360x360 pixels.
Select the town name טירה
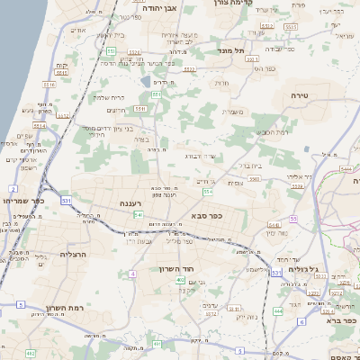(x=300, y=94)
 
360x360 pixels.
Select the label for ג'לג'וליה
(x=305, y=269)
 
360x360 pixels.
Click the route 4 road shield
(x=132, y=273)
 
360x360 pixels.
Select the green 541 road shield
(x=138, y=215)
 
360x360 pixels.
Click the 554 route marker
(x=208, y=191)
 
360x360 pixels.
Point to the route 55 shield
(x=292, y=219)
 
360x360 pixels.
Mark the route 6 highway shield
(x=302, y=321)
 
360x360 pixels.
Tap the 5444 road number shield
(x=346, y=168)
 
